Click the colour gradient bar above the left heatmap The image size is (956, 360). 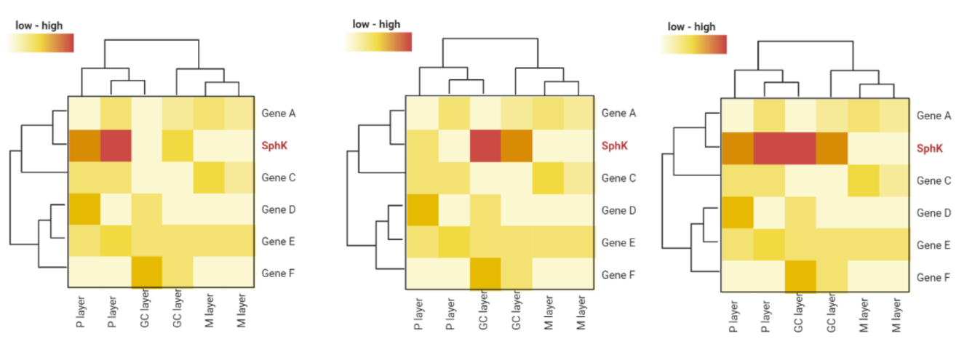tap(41, 43)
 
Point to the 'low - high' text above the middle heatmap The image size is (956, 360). tap(376, 24)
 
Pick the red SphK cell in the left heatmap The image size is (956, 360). tap(115, 145)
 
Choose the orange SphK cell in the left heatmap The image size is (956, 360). tap(83, 145)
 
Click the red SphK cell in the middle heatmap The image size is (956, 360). tap(485, 145)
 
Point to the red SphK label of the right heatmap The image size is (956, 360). tap(930, 148)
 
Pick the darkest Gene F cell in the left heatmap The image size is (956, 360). tap(146, 273)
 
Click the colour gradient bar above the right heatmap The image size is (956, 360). tap(693, 45)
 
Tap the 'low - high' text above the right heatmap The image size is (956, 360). tap(691, 27)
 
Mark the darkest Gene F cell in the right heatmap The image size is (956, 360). tap(800, 277)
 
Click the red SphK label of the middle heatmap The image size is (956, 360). tap(614, 145)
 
